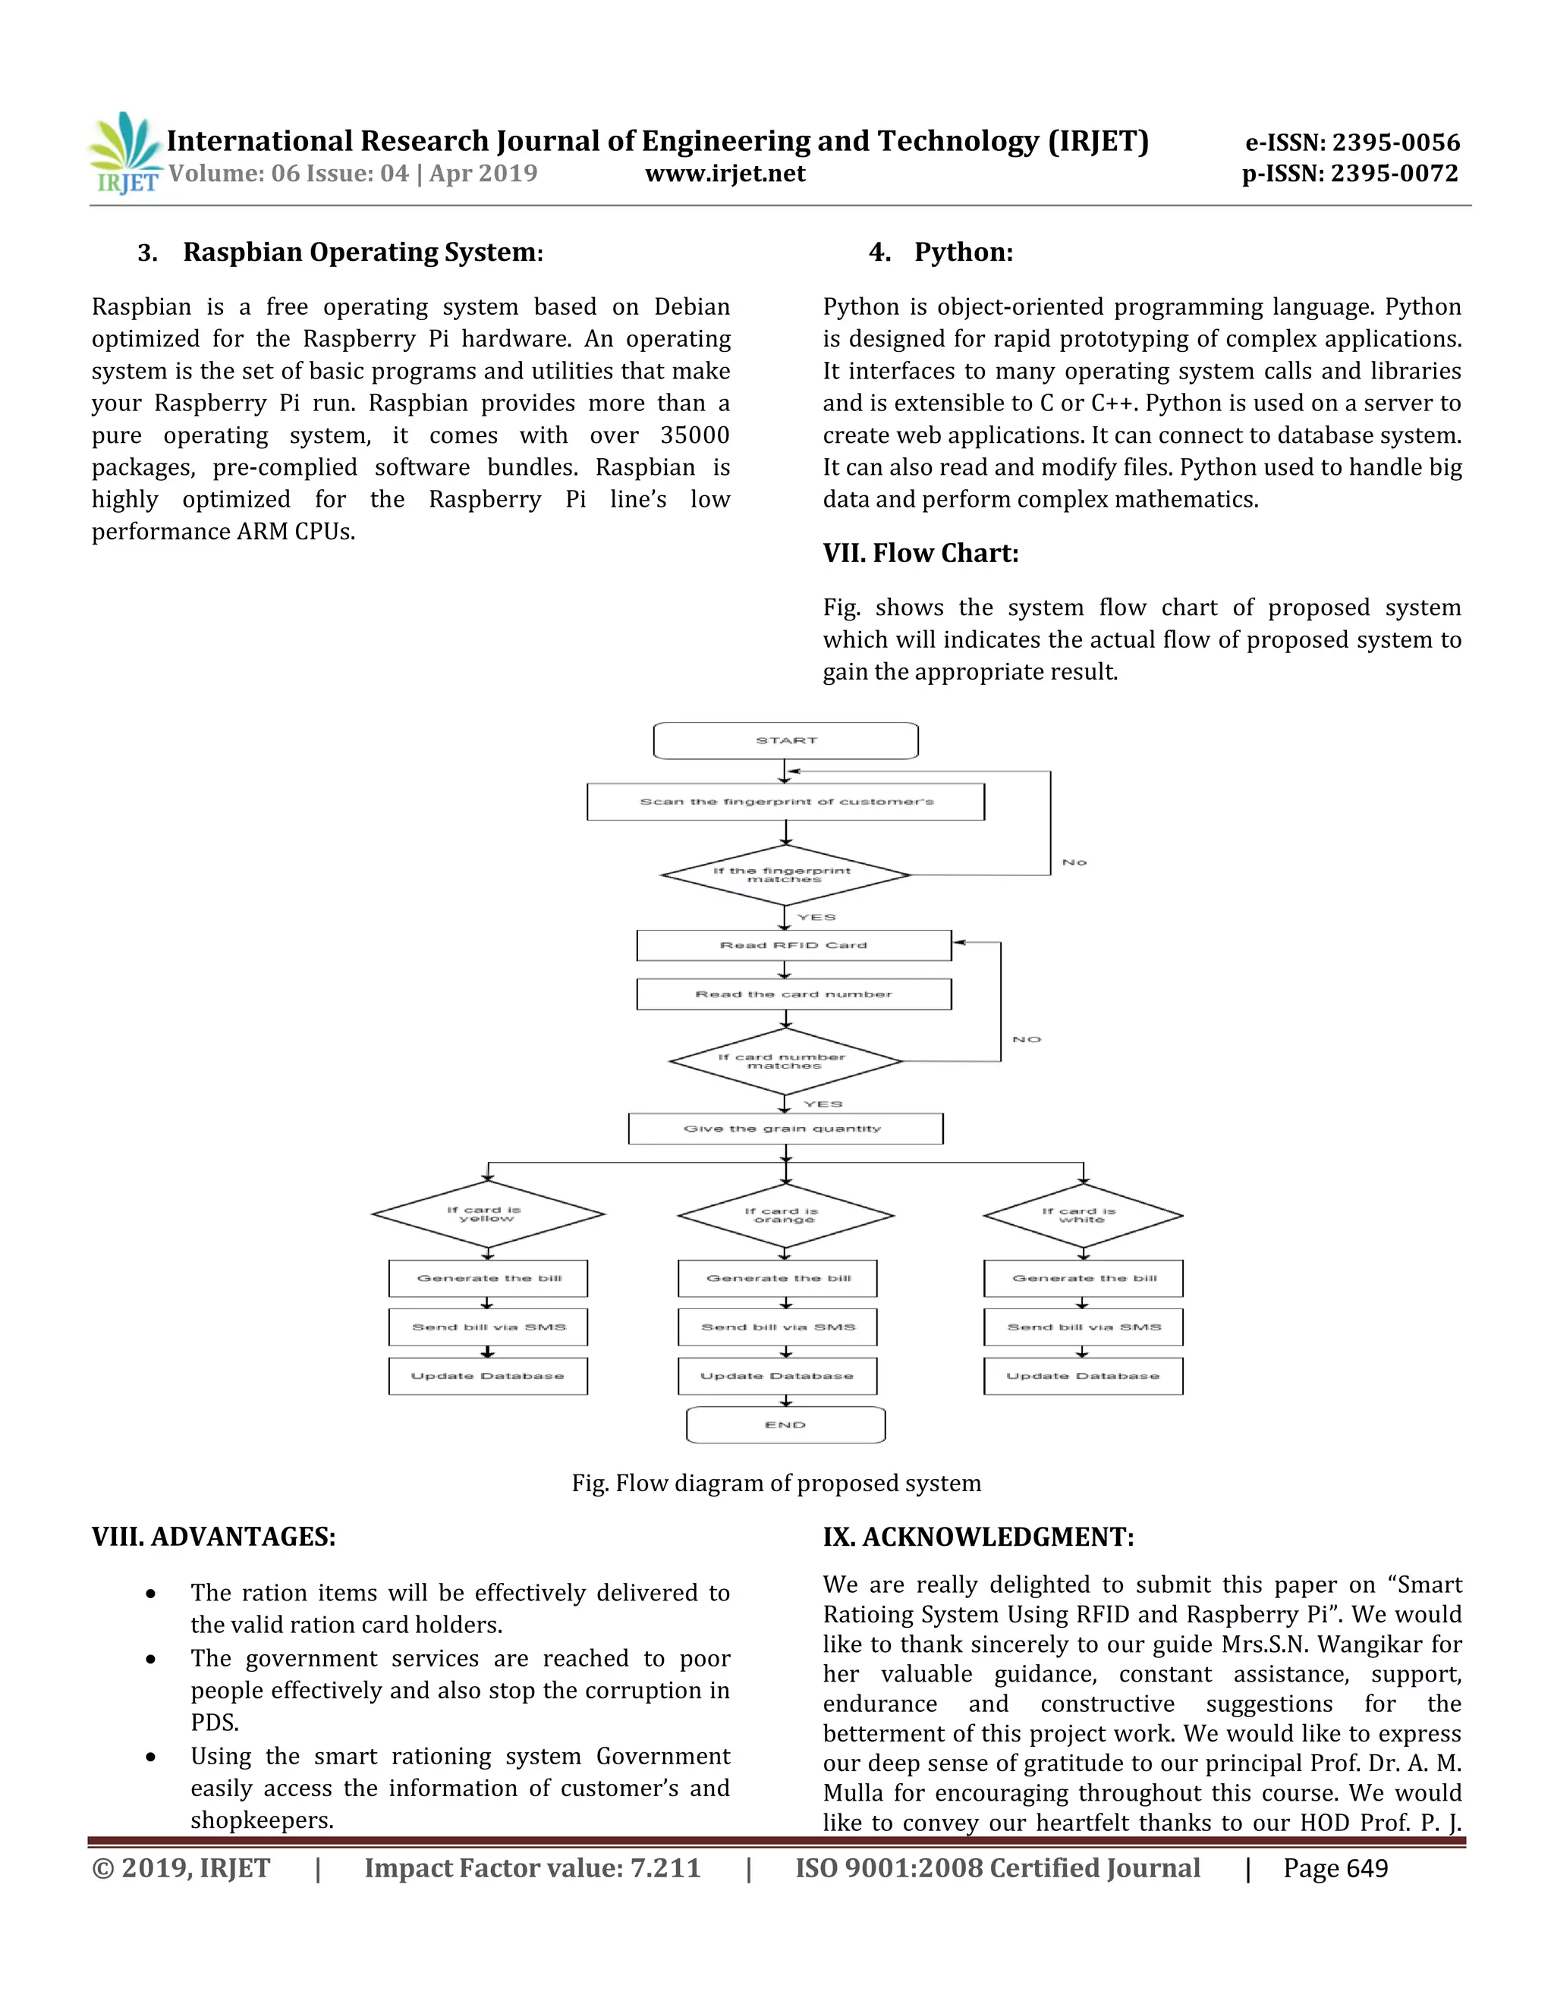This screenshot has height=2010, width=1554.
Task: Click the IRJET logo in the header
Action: point(124,152)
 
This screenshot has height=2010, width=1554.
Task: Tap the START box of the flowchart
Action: point(785,741)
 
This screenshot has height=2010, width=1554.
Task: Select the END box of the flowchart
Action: point(785,1424)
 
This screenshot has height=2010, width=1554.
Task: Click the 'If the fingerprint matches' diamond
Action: point(785,875)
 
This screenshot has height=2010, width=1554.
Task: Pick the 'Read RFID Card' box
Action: point(794,945)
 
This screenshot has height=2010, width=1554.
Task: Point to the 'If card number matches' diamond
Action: point(785,1062)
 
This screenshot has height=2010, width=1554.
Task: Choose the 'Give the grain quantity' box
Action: point(785,1129)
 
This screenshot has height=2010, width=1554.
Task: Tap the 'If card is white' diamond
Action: point(1083,1216)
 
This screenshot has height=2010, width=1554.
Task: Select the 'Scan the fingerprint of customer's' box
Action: point(785,802)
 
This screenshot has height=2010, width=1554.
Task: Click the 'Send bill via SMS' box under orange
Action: point(777,1327)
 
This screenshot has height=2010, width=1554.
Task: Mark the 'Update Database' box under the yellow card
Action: point(488,1376)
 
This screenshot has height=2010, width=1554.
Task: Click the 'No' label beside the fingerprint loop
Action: point(1074,862)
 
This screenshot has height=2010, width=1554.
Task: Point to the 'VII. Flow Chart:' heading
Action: point(920,553)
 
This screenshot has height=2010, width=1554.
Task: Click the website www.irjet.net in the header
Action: point(725,173)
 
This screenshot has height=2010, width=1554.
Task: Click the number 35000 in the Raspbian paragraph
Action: point(694,435)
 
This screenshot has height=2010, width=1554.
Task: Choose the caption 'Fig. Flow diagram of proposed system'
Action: point(776,1483)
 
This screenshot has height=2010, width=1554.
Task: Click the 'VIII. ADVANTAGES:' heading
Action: point(213,1537)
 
